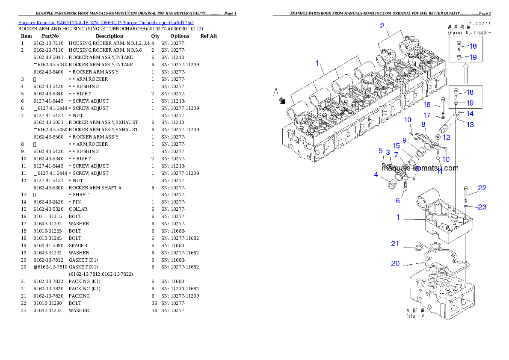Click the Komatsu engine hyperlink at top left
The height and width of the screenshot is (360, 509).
coord(106,22)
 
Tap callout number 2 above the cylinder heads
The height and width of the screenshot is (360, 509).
coord(382,26)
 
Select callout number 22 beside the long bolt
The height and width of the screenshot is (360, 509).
coord(482,188)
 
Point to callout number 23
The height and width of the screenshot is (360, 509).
coord(482,207)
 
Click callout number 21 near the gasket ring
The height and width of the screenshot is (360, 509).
coord(395,244)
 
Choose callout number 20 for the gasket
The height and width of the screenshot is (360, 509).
coord(395,263)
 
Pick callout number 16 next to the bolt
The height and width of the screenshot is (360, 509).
coord(427,104)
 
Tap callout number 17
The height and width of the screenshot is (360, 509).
coord(427,115)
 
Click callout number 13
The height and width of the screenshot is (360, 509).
coord(470,125)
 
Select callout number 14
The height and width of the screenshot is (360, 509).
coord(470,114)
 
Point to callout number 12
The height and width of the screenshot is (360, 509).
coord(446,137)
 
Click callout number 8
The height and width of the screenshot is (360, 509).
coord(423,124)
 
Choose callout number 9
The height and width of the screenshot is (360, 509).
coord(404,140)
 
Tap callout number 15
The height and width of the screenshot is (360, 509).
coord(396,146)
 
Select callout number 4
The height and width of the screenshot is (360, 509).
coord(376,174)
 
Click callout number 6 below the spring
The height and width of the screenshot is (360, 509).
coord(398,201)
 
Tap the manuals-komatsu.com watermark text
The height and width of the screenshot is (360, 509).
coord(420,168)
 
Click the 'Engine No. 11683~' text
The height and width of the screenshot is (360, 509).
coord(469,32)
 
